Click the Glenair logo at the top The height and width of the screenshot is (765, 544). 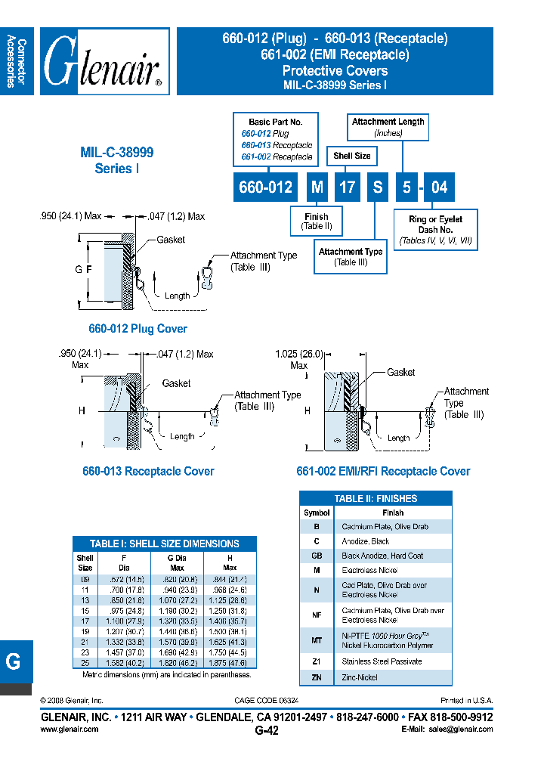[104, 61]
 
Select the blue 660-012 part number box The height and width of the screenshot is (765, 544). [265, 187]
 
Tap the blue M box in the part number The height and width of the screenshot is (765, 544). [317, 187]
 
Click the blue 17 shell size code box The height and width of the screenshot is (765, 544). [347, 187]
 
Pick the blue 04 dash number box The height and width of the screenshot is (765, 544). [438, 187]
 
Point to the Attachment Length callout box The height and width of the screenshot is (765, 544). [388, 126]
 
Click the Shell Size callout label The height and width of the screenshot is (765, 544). [352, 156]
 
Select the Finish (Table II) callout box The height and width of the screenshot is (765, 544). [317, 221]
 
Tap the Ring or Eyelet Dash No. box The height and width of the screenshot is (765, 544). [435, 229]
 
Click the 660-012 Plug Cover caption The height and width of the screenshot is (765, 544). [138, 329]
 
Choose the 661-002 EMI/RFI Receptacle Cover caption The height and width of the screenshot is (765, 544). [383, 471]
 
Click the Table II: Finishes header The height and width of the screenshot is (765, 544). [376, 498]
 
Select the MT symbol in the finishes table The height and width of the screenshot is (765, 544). [317, 640]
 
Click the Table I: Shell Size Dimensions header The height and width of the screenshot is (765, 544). [164, 544]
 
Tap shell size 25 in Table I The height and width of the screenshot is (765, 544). [85, 663]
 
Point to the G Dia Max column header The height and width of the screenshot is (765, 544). [176, 562]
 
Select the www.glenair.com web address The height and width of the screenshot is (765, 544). [69, 729]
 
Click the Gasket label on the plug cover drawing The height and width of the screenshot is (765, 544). [171, 240]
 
